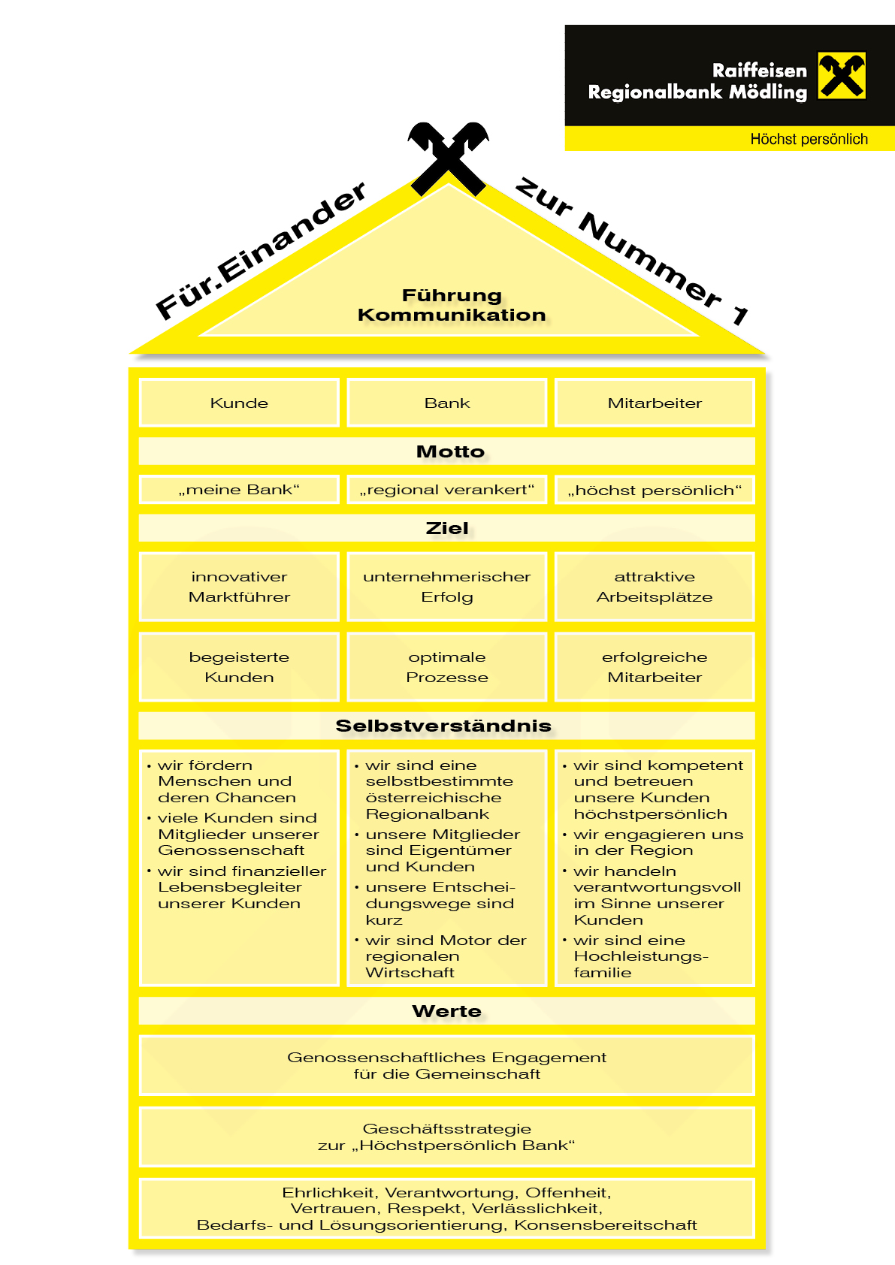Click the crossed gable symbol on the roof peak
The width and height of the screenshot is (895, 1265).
(448, 157)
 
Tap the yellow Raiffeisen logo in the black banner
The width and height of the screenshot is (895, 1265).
(842, 75)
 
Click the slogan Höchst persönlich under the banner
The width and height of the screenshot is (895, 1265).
(809, 139)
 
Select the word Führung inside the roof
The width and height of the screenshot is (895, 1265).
(451, 295)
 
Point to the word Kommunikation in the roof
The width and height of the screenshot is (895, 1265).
(452, 315)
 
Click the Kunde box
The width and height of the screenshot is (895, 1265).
(239, 403)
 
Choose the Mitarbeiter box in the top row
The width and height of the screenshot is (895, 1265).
(655, 403)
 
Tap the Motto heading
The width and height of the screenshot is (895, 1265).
(449, 451)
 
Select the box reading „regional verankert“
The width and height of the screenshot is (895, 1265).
(447, 490)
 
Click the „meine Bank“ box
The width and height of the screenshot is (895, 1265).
(239, 490)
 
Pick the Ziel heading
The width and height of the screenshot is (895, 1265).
(447, 528)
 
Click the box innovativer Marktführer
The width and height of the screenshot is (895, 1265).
(239, 587)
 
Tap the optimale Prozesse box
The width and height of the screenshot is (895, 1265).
(447, 667)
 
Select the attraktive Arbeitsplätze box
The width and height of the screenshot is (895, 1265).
(655, 587)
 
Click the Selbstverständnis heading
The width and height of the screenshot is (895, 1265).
(443, 726)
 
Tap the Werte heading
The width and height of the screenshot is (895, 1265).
(447, 1011)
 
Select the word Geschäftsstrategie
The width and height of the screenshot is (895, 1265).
(447, 1128)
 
